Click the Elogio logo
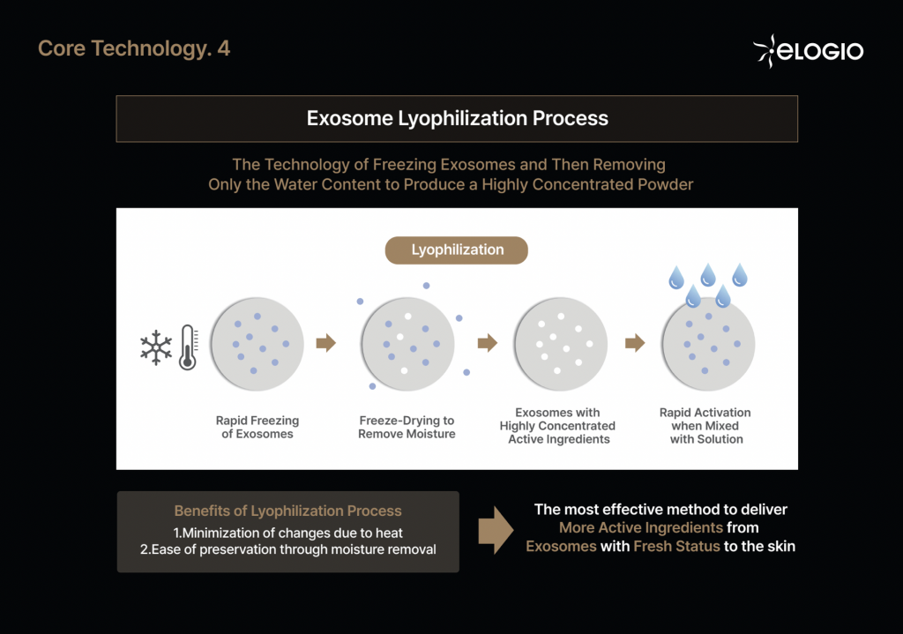(x=809, y=51)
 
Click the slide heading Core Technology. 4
(x=134, y=49)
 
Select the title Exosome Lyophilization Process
(x=458, y=118)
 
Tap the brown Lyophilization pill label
(x=457, y=250)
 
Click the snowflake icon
(x=156, y=347)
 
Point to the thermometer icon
(x=189, y=347)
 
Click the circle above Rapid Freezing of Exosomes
(x=257, y=344)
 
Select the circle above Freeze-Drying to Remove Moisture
(x=407, y=344)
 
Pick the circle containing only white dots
(x=560, y=344)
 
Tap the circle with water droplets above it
(x=708, y=344)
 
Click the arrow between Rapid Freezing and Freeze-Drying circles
(x=326, y=343)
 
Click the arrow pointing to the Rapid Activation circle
(x=635, y=343)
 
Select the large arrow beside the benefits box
(x=496, y=530)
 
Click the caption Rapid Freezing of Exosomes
(x=257, y=428)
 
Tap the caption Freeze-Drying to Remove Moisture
(x=407, y=428)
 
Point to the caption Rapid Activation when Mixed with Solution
(x=705, y=426)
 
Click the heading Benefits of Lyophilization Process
(x=288, y=511)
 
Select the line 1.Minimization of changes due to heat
(x=288, y=533)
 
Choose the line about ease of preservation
(x=288, y=549)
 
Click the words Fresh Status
(x=676, y=546)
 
